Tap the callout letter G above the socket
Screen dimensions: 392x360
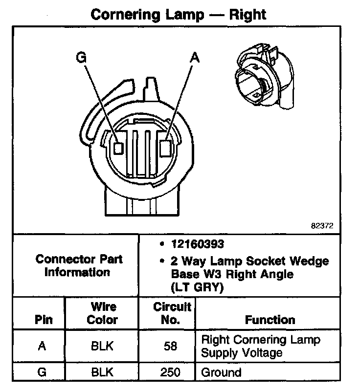pos(81,58)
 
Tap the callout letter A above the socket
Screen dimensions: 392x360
pos(195,57)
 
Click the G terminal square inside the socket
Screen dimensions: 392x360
pos(118,147)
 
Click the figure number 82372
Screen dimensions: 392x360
pos(322,226)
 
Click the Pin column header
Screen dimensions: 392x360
pos(43,320)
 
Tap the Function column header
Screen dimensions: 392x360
pos(270,320)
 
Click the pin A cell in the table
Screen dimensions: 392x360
pos(43,346)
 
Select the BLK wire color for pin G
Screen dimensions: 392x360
pos(103,372)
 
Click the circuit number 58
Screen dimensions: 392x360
pos(172,346)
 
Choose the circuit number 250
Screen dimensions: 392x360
pos(172,372)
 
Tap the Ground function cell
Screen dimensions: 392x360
pos(222,372)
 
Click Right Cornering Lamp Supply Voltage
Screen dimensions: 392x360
pos(261,346)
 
